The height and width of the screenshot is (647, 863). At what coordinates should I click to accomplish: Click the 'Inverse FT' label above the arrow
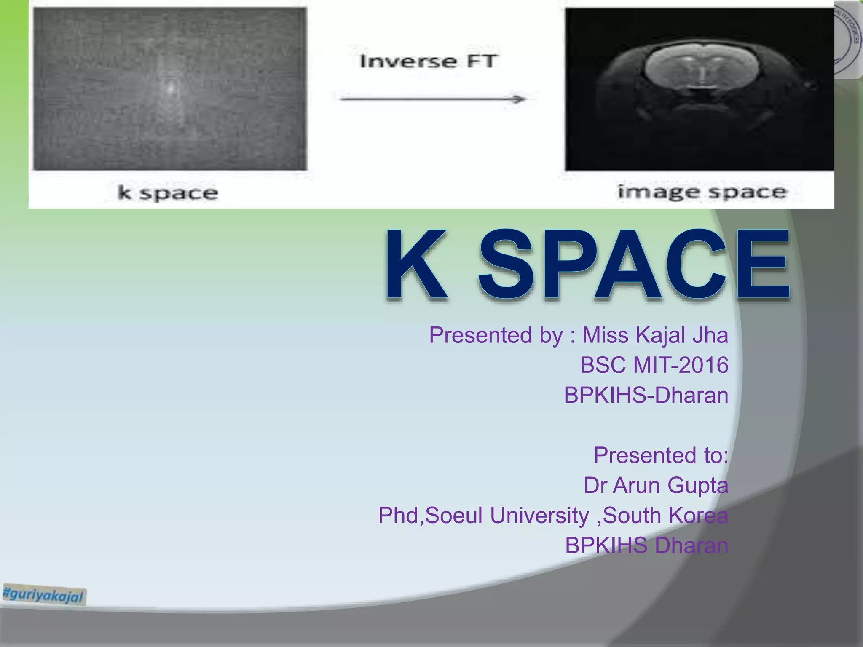pyautogui.click(x=428, y=61)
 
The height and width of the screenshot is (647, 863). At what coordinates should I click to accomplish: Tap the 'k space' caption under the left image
pyautogui.click(x=168, y=193)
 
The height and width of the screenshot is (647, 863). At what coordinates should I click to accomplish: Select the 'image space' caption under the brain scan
pyautogui.click(x=702, y=192)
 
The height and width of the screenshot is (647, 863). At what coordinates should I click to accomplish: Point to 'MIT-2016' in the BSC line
pyautogui.click(x=681, y=365)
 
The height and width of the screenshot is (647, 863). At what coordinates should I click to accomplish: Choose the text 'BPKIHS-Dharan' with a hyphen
pyautogui.click(x=646, y=396)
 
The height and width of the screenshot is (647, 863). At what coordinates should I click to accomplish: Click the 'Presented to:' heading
pyautogui.click(x=661, y=455)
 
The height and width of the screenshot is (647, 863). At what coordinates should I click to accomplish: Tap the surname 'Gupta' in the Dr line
pyautogui.click(x=698, y=485)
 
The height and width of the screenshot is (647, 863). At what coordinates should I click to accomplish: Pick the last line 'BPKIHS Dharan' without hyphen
pyautogui.click(x=646, y=545)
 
